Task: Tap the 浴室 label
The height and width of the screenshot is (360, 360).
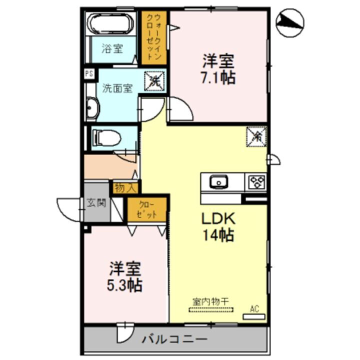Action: point(112,49)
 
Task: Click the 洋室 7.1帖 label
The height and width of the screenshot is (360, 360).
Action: point(218,69)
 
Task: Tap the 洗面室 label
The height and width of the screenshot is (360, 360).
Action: point(117,88)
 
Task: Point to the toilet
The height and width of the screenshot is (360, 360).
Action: point(106,137)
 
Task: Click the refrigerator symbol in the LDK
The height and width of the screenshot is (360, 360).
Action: point(257,135)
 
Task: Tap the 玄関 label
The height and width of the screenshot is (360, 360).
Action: point(96,203)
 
